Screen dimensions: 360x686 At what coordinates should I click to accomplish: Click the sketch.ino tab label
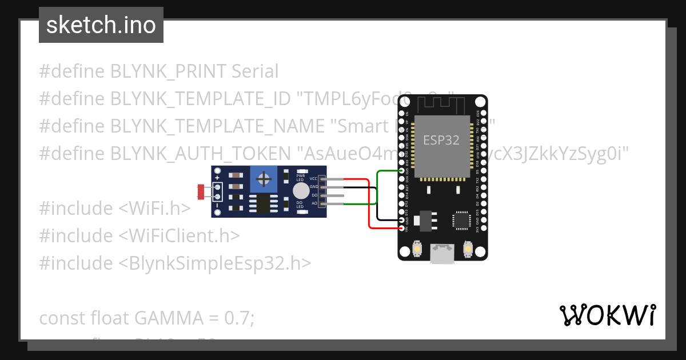point(101,25)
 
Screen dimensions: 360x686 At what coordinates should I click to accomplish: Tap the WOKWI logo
point(607,315)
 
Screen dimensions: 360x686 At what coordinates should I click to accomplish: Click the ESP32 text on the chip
point(441,140)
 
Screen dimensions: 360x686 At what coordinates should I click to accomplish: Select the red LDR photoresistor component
point(201,192)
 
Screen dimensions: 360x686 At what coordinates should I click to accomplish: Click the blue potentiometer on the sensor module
point(264,179)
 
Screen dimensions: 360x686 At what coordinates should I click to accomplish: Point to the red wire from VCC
point(369,206)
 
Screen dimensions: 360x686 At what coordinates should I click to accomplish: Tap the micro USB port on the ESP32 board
point(442,254)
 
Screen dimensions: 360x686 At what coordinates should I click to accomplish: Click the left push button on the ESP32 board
point(417,250)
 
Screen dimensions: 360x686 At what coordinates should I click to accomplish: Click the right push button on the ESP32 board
point(468,250)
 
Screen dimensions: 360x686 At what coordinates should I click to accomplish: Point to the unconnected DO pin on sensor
point(334,195)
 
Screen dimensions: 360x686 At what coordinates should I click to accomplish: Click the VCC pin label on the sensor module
point(313,179)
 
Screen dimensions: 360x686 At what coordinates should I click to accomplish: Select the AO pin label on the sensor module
point(314,203)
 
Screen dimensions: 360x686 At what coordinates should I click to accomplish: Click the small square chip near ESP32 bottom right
point(461,221)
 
